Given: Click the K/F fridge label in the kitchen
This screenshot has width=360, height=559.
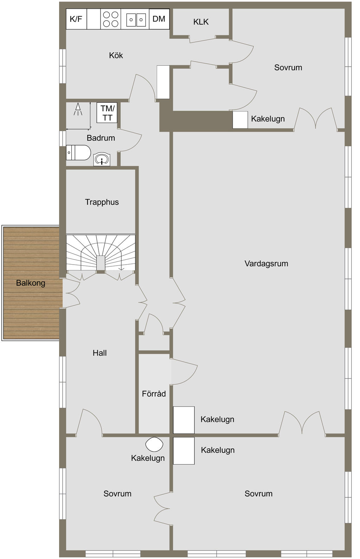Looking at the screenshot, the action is [76, 19].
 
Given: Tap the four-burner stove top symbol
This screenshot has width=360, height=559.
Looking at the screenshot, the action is [111, 19].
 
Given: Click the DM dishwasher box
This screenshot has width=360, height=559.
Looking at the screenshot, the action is [159, 19].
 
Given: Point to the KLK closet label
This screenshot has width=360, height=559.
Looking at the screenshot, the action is [201, 22].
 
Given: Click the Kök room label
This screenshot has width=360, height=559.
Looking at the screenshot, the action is [116, 55].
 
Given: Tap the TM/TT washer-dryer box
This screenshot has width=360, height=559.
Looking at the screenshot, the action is [107, 112].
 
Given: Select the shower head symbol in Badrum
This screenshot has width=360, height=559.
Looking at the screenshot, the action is [78, 109].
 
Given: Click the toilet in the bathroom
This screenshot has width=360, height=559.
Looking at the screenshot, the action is [78, 152].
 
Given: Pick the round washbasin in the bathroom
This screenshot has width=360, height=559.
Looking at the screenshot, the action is [102, 159].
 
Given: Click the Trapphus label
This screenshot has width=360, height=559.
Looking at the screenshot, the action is [102, 202].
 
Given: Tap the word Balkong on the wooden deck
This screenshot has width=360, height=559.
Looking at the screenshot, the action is [31, 283].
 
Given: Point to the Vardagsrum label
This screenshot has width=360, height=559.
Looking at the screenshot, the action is [266, 264].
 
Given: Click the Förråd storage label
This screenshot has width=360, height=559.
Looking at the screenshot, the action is [154, 394].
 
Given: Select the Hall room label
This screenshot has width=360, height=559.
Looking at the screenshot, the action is [99, 353].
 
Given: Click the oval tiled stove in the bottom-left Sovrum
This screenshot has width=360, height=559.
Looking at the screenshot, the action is [154, 444].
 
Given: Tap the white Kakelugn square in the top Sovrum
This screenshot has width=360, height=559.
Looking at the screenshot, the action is [240, 120].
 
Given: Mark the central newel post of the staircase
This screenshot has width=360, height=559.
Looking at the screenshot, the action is [101, 263].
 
